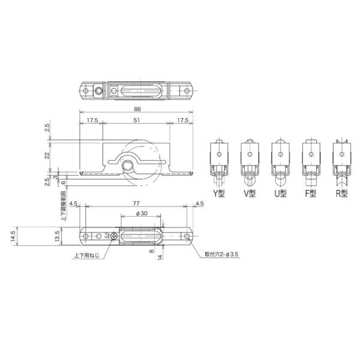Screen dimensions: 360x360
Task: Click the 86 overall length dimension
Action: (137, 109)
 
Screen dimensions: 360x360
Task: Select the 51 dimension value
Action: (137, 120)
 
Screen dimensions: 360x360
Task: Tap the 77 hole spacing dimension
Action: (136, 203)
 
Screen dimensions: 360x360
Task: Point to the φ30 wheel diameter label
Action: (142, 214)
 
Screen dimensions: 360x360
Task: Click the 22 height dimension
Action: (47, 155)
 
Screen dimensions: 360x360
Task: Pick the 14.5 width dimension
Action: (13, 236)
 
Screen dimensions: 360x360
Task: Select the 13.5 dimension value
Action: (57, 236)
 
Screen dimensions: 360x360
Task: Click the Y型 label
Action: (218, 194)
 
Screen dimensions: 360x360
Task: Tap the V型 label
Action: (250, 194)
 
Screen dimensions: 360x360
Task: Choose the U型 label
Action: (280, 194)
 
